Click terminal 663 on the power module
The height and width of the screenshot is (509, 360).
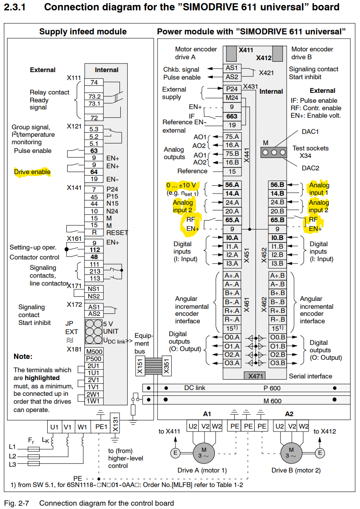[x=232, y=116]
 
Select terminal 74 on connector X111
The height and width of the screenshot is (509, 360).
[x=94, y=82]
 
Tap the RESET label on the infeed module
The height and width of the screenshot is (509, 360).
[x=117, y=233]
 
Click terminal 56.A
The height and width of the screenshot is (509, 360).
[x=232, y=185]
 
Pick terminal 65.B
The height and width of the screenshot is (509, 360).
[x=277, y=220]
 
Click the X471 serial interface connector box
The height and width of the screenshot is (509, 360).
[x=254, y=376]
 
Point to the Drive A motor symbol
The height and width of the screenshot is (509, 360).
[x=203, y=452]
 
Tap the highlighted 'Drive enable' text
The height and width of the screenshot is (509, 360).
[x=32, y=172]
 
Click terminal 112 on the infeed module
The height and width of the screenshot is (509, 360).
[x=94, y=250]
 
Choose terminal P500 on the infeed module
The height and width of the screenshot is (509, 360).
[x=94, y=359]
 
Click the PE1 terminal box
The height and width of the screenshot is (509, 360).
[x=100, y=427]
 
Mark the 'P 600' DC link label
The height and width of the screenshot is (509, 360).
[x=272, y=388]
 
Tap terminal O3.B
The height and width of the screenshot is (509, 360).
[x=277, y=363]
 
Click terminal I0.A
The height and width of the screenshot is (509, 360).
[x=232, y=238]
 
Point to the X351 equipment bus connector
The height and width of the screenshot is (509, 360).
[x=166, y=367]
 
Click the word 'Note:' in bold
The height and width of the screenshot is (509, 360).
[x=23, y=356]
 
